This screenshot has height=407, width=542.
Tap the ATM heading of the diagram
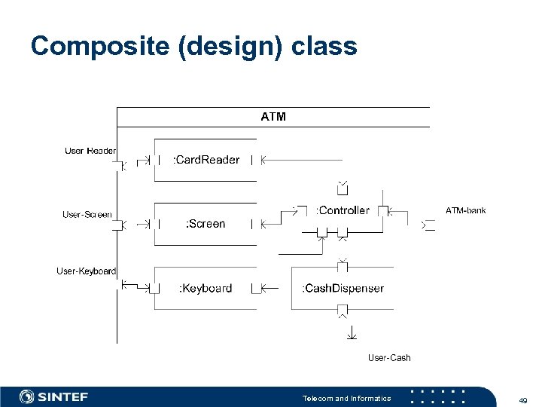(273, 117)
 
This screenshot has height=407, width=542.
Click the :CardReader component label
(206, 160)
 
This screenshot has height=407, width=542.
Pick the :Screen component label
(206, 224)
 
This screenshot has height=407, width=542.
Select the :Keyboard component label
(206, 288)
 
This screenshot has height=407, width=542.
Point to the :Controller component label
(343, 210)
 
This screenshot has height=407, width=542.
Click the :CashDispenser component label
(343, 288)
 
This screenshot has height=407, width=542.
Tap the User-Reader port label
(90, 151)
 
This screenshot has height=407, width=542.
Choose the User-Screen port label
(87, 215)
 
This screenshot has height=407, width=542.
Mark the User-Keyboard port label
(87, 271)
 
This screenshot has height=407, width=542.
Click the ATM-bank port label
(466, 210)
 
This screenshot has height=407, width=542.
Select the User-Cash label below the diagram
(389, 357)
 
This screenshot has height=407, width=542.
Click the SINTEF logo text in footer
(63, 397)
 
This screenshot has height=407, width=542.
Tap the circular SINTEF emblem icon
(27, 397)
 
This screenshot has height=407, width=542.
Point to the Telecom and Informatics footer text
(346, 398)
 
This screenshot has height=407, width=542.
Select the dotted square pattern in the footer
(438, 397)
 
